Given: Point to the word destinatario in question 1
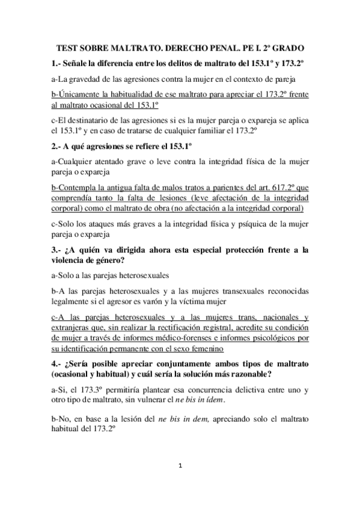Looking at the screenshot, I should coord(106,120).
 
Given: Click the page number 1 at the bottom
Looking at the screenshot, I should coord(180,483).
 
